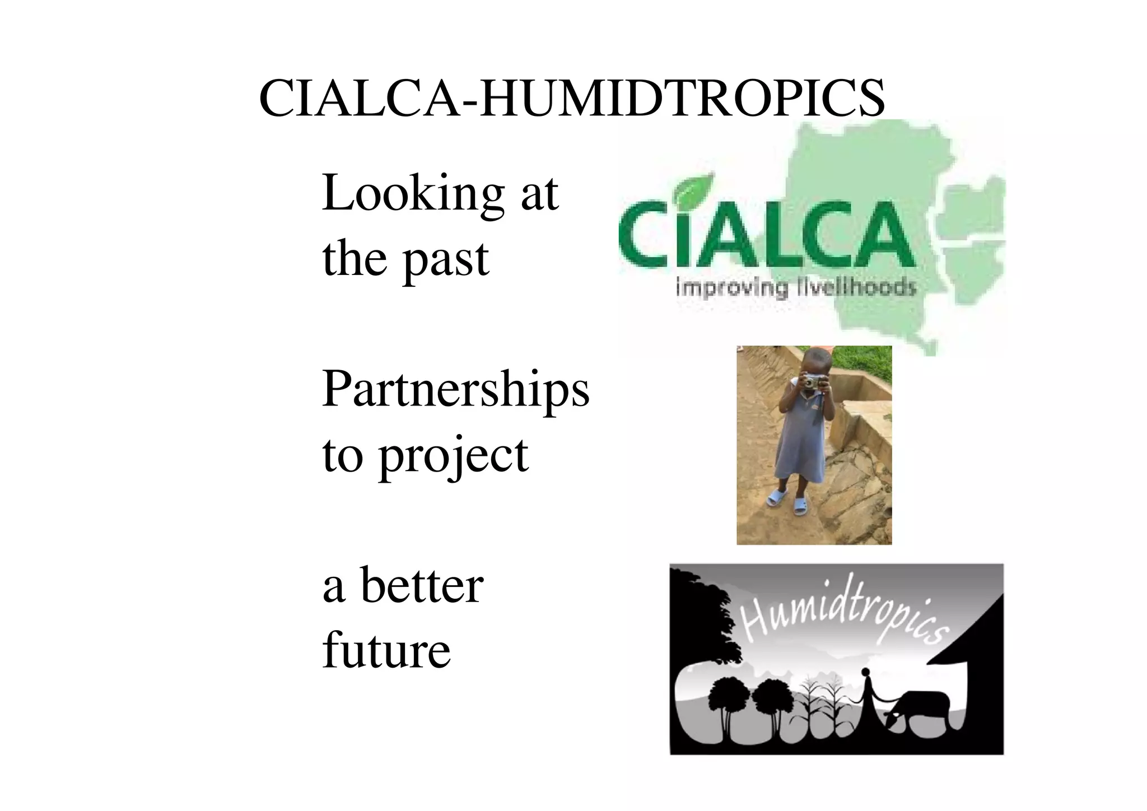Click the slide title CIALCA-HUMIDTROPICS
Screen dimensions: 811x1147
pos(572,99)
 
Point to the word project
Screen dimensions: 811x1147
pos(454,456)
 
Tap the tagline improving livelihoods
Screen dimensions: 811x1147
pos(796,288)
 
